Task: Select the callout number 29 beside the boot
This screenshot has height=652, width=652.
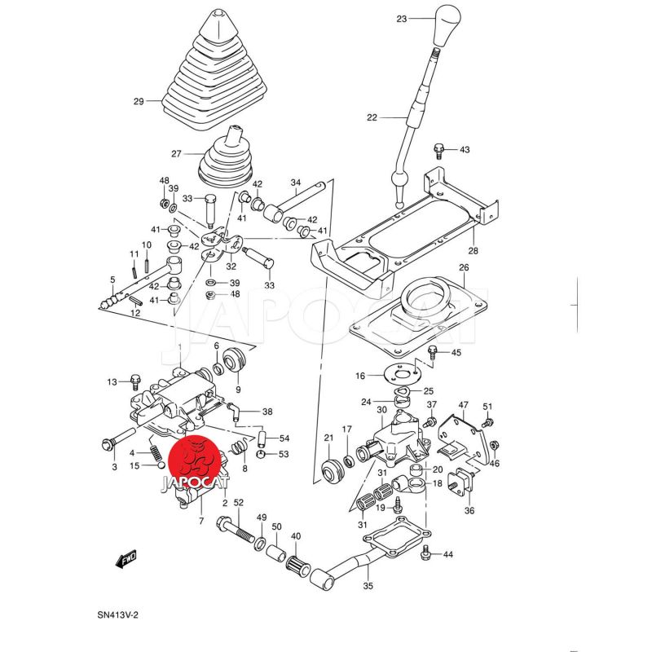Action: pos(138,102)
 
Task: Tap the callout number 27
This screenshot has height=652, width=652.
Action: pos(175,153)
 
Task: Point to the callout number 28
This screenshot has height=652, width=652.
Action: pos(474,250)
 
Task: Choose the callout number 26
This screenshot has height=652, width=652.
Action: pos(463,268)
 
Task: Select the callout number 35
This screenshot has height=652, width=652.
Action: pos(368,586)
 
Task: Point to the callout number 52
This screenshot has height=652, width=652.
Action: pos(239,502)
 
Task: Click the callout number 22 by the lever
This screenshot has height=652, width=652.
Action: pos(372,118)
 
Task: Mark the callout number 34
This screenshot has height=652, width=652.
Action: pos(296,183)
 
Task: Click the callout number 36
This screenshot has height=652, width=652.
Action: pos(469,511)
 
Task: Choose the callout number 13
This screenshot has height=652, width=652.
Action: pos(112,381)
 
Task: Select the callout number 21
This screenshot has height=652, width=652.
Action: pos(328,438)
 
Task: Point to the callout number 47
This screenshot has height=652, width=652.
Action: pos(463,405)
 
